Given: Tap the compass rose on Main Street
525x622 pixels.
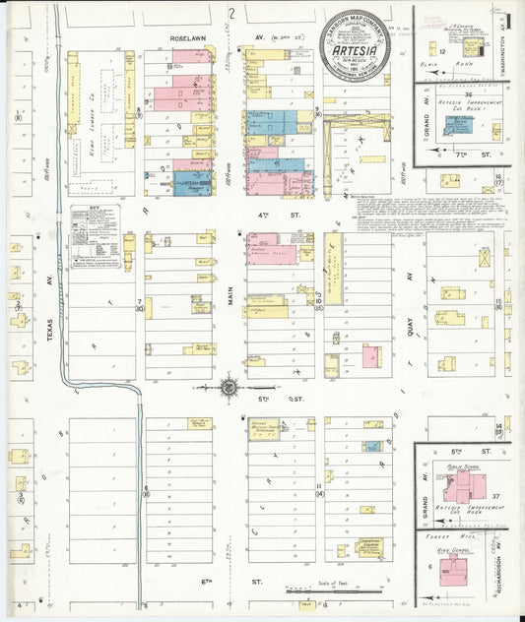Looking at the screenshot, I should click(229, 387).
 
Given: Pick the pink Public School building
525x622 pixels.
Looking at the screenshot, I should click(457, 487).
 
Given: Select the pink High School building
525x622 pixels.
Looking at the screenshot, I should click(456, 568).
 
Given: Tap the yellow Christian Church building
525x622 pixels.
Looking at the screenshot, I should click(370, 546).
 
